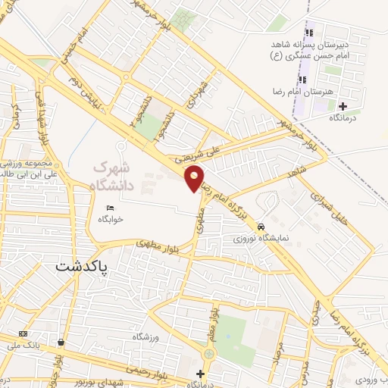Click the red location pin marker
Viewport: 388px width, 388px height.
(x=195, y=178)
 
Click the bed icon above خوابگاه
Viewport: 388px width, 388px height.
(x=110, y=208)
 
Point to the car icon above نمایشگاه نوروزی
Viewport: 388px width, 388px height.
(x=261, y=227)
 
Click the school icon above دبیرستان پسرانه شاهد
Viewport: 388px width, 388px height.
(x=308, y=33)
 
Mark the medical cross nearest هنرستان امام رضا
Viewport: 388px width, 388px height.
(x=343, y=106)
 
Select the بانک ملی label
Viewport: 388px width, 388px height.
(x=23, y=343)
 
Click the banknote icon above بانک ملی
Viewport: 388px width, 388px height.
(x=23, y=333)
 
